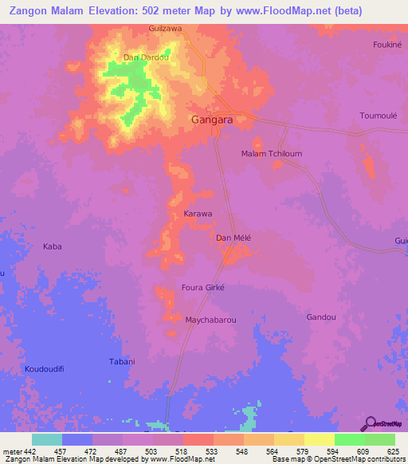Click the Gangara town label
click(213, 120)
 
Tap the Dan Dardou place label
click(147, 57)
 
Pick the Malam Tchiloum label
click(272, 154)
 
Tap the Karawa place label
click(198, 214)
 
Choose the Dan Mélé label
click(233, 238)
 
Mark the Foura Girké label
click(204, 287)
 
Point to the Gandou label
click(320, 317)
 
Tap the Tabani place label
click(123, 362)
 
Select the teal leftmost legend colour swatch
click(46, 439)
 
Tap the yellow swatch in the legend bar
click(319, 439)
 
